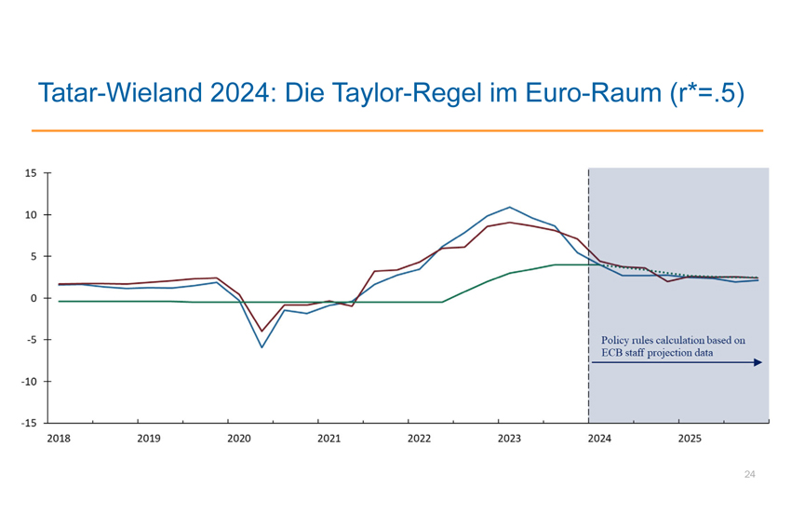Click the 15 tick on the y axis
click(x=31, y=173)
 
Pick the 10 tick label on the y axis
click(x=31, y=215)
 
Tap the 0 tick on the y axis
click(x=34, y=298)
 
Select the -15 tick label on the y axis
click(x=29, y=423)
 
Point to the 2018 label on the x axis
click(x=59, y=437)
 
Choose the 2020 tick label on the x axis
click(x=239, y=437)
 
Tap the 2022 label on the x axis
click(x=419, y=437)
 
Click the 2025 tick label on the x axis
click(x=689, y=437)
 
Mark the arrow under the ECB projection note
click(x=677, y=362)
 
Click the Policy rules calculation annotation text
click(x=673, y=345)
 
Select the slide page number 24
click(x=749, y=475)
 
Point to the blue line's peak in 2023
click(x=509, y=207)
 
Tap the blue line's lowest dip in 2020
click(x=261, y=347)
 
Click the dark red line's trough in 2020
click(x=261, y=331)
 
